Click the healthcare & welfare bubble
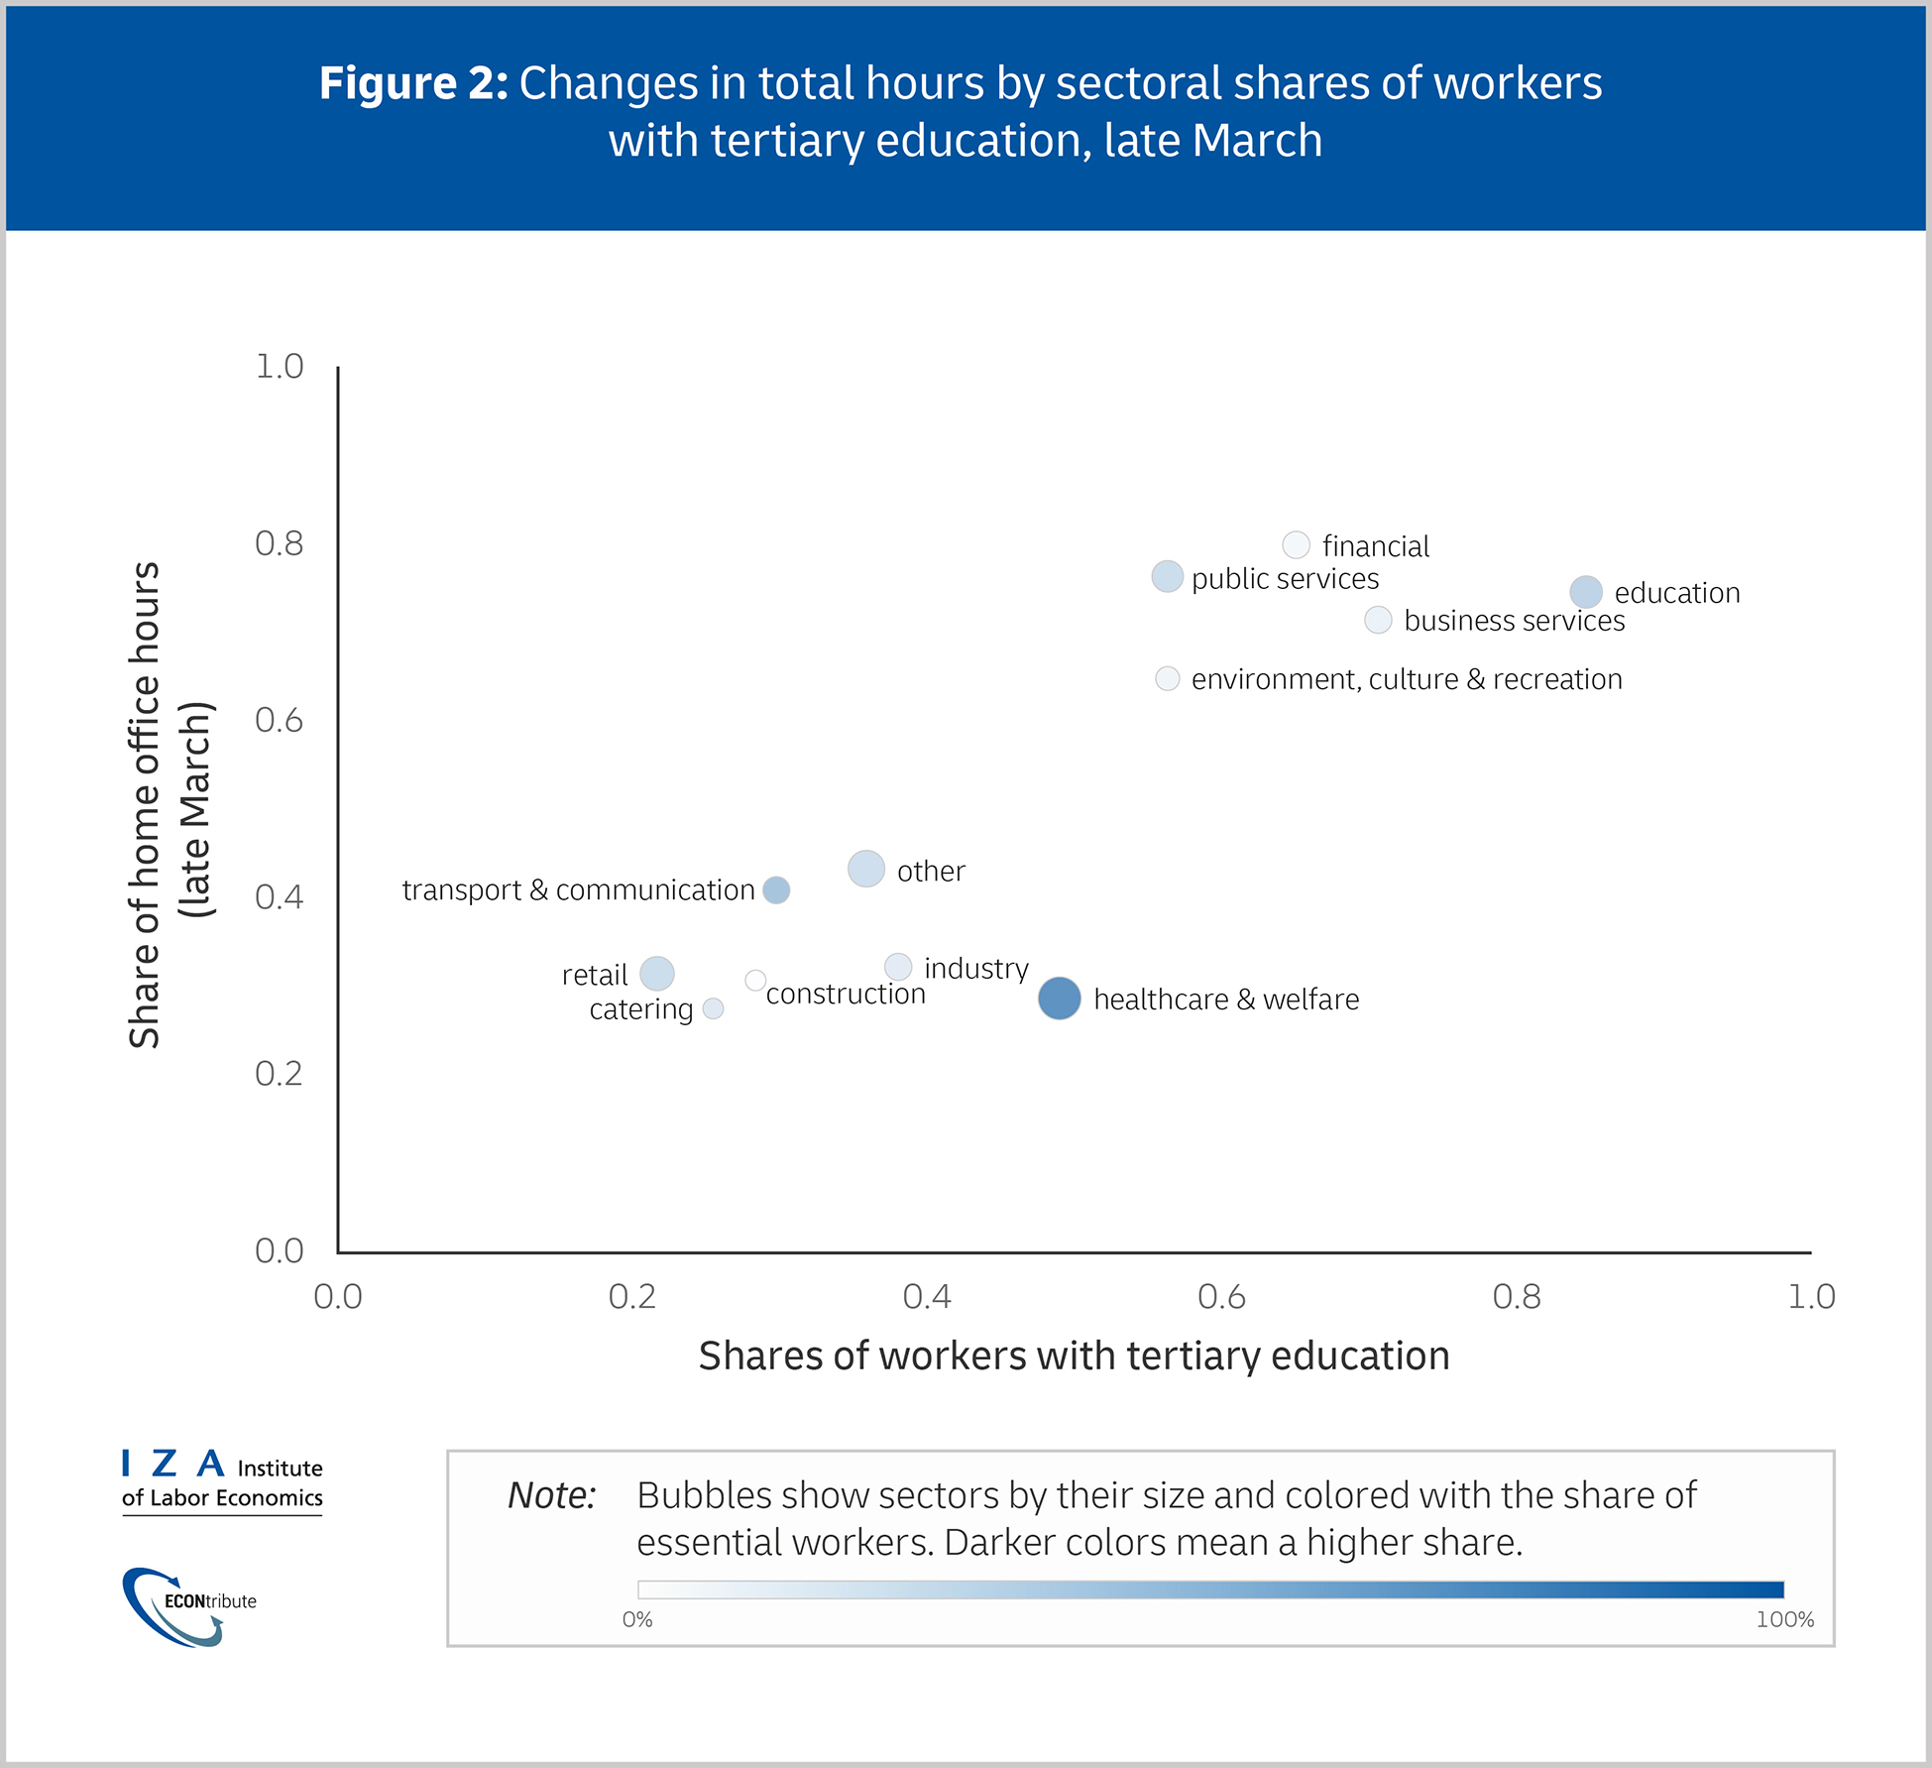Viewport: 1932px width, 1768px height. [x=1059, y=998]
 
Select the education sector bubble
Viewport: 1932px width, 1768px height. [x=1585, y=592]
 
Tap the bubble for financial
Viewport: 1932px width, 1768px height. [x=1296, y=544]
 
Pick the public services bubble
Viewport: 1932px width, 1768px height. [x=1167, y=576]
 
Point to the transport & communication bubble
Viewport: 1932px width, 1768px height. [x=776, y=889]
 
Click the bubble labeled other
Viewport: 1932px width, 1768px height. [x=865, y=869]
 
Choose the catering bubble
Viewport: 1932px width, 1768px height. [x=713, y=1008]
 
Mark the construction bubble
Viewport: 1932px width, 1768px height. [x=755, y=980]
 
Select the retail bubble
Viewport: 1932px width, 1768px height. [x=656, y=974]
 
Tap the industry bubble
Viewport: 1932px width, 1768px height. [x=897, y=966]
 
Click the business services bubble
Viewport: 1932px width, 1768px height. [x=1378, y=620]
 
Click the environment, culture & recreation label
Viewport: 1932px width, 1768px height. [x=1406, y=679]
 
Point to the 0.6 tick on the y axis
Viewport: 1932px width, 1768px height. [x=280, y=720]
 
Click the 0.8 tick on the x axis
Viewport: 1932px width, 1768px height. [x=1517, y=1297]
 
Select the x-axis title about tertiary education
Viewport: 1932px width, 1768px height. [x=1074, y=1355]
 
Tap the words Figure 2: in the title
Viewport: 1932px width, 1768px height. [x=413, y=83]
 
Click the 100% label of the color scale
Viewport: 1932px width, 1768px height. [x=1784, y=1620]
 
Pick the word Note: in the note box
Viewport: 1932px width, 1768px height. [x=551, y=1495]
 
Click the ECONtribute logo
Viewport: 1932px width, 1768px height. [x=188, y=1605]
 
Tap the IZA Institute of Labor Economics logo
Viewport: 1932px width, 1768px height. [x=222, y=1480]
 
